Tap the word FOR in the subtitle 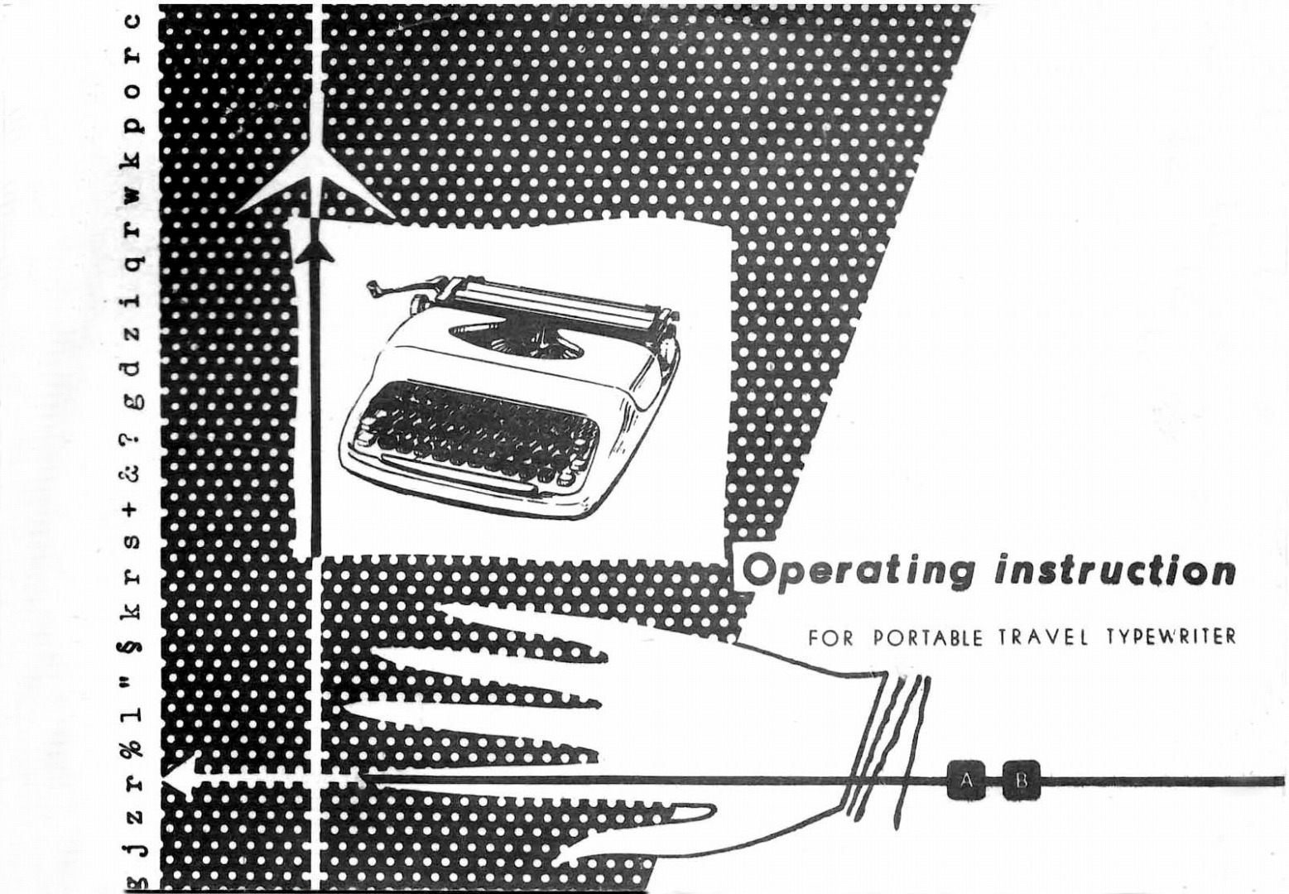tap(831, 638)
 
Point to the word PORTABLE tap(927, 638)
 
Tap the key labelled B tap(1022, 781)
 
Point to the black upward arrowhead tap(315, 251)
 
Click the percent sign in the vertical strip tap(132, 747)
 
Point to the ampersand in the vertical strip tap(132, 473)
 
